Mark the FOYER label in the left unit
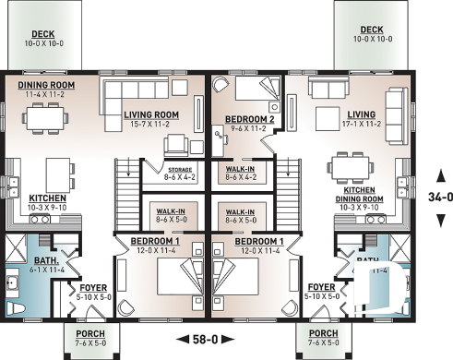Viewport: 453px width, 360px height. click(92, 291)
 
